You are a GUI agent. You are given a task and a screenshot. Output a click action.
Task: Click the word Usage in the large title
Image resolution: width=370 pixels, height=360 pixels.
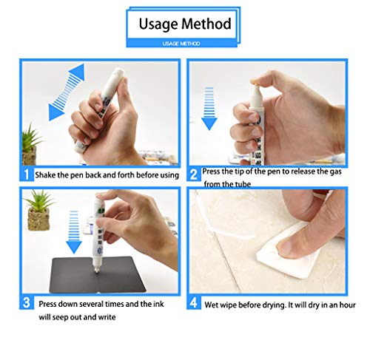pos(158,24)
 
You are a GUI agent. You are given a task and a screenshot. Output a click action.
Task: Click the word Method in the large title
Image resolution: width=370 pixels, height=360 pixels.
pos(206,24)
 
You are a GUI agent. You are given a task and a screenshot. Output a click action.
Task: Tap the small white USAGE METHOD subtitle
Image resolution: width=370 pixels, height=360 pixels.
pos(181,44)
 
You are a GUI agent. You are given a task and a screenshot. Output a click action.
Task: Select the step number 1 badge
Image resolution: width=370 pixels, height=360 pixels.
pos(27,174)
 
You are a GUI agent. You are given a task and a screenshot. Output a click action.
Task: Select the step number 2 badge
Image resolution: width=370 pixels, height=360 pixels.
pos(194,174)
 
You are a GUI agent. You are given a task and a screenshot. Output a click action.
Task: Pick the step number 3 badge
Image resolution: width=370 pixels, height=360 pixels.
pos(27,302)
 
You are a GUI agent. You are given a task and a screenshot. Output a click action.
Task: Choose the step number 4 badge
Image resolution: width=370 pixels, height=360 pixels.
pos(194,302)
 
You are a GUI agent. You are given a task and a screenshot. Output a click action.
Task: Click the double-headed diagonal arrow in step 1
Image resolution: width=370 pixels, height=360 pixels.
pos(67,92)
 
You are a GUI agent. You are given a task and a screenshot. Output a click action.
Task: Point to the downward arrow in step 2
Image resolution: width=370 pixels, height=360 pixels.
pos(209,109)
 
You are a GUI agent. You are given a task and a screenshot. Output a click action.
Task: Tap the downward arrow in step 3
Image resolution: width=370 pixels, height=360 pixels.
pos(74,232)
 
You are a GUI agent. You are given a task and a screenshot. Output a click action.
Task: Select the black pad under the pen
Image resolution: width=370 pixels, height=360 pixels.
pos(98,275)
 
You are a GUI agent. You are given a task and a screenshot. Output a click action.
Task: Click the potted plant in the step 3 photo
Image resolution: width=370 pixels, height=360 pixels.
pos(39,210)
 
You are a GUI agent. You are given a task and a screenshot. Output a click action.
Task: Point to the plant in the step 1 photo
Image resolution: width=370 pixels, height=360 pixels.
pos(30,145)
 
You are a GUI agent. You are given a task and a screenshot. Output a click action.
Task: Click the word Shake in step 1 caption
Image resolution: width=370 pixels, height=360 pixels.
pos(45,175)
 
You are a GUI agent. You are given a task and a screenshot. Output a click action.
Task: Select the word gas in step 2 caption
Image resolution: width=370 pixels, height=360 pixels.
pos(336,171)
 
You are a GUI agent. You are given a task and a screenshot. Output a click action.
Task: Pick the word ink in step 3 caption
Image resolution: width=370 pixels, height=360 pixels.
pos(158,304)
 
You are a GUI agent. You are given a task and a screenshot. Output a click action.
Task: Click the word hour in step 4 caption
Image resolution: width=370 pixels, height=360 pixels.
pos(348,305)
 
